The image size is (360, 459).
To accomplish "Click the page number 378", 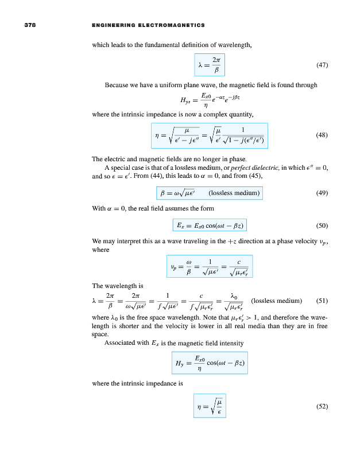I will (x=30, y=25).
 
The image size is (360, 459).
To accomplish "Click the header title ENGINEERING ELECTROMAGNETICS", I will (x=148, y=25).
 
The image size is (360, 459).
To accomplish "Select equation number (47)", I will (x=322, y=65).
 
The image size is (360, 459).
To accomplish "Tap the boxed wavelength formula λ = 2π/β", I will (x=210, y=65).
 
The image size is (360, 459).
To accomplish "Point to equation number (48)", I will (x=322, y=135).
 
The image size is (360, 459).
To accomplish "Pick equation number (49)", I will (x=322, y=193).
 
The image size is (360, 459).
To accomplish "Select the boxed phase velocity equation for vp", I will (x=210, y=266).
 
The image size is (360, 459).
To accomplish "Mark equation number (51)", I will (x=322, y=300).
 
